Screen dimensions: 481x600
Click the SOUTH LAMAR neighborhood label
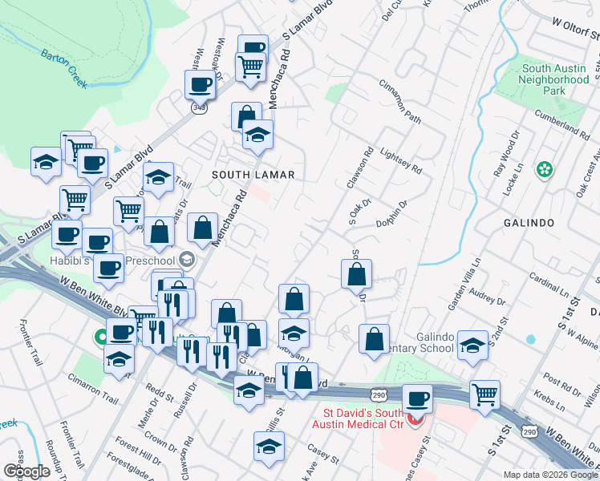(x=253, y=175)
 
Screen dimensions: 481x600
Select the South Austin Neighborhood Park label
(x=553, y=80)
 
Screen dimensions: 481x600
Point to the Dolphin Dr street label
(x=391, y=216)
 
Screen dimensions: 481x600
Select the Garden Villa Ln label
(x=464, y=285)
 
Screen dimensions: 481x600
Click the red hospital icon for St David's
(x=416, y=419)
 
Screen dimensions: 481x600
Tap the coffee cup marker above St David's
(x=416, y=398)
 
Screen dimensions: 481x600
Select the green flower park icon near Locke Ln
(x=545, y=169)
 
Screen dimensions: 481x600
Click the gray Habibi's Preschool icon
(x=187, y=258)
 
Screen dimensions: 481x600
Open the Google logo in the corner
(x=26, y=471)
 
